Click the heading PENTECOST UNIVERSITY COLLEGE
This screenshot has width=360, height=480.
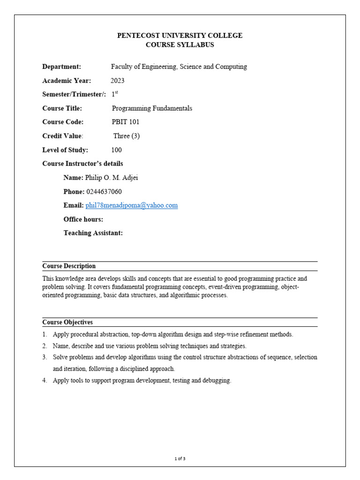coord(180,36)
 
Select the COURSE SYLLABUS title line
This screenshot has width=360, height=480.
coord(180,45)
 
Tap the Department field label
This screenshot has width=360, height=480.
coord(62,67)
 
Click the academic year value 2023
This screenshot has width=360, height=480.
coord(118,81)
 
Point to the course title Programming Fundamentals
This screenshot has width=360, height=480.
coord(152,108)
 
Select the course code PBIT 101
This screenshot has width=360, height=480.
coord(125,122)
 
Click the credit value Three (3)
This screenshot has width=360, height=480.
coord(127,136)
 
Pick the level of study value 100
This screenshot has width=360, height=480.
coord(116,150)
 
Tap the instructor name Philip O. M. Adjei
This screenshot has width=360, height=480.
coord(112,178)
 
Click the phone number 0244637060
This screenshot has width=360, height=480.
coord(104,192)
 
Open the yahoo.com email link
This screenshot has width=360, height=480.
coord(132,205)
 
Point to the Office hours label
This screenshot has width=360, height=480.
coord(83,219)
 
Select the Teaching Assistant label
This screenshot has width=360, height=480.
coord(93,233)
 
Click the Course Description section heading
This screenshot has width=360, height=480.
coord(69,266)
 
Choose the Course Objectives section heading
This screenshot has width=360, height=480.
coord(67,322)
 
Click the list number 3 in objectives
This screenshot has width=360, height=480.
coord(45,357)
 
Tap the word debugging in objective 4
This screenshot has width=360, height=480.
coord(216,381)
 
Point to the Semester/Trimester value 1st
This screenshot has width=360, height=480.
coord(115,94)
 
